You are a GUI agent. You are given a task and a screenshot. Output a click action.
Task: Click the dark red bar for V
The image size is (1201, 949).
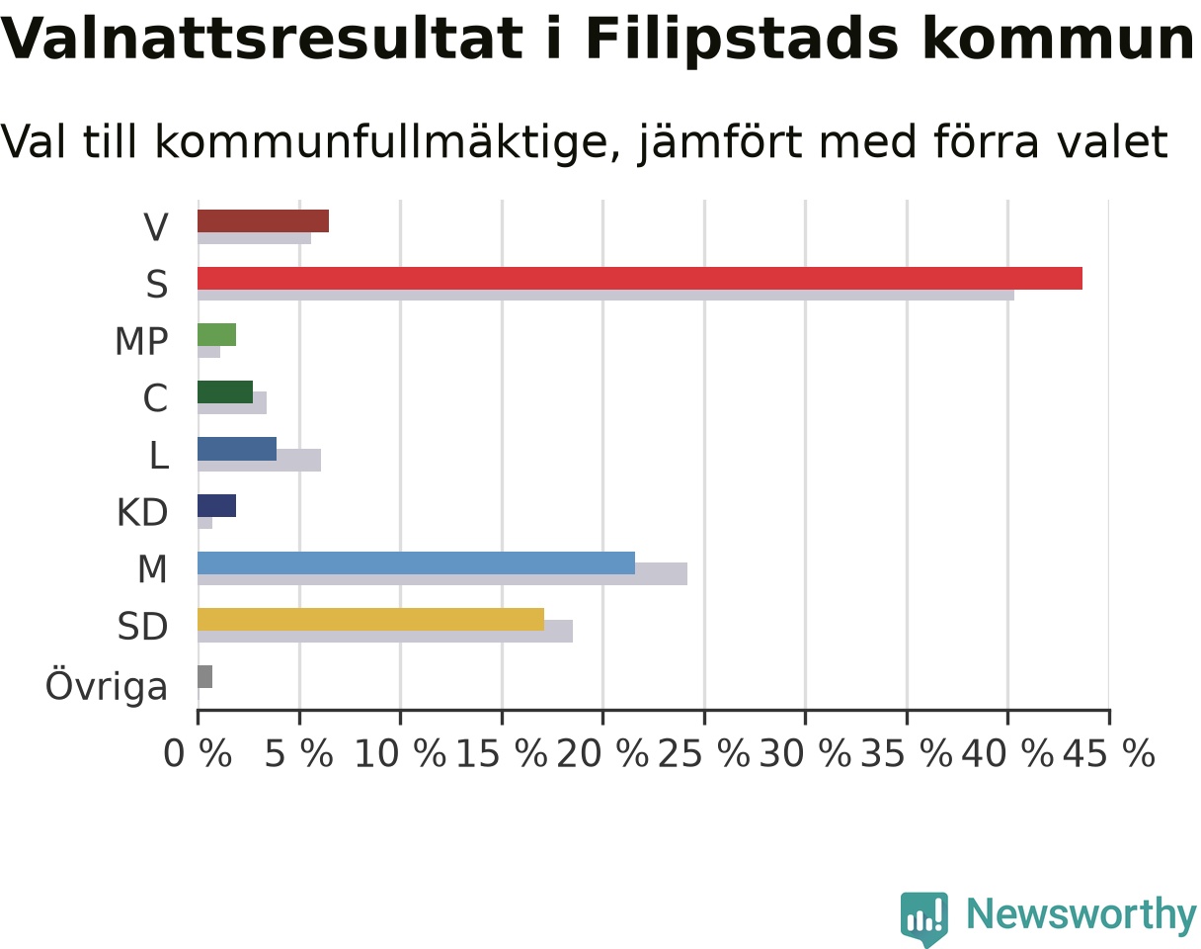pyautogui.click(x=264, y=221)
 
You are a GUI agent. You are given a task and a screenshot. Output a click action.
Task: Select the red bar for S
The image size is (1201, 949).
pyautogui.click(x=640, y=278)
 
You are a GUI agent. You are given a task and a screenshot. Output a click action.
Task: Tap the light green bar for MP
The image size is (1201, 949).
pyautogui.click(x=217, y=334)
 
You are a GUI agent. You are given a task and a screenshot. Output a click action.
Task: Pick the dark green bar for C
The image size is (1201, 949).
pyautogui.click(x=225, y=392)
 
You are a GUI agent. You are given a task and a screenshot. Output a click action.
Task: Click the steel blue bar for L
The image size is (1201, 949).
pyautogui.click(x=237, y=449)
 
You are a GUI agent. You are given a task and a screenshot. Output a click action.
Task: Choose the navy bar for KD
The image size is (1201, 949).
pyautogui.click(x=217, y=505)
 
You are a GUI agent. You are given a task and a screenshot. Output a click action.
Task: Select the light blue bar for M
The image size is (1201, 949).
pyautogui.click(x=417, y=563)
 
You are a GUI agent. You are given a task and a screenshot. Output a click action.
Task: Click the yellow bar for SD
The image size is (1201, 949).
pyautogui.click(x=371, y=620)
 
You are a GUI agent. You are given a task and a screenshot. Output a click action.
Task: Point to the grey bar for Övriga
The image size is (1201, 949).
pyautogui.click(x=205, y=677)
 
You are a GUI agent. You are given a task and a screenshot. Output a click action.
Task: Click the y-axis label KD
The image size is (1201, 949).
pyautogui.click(x=142, y=513)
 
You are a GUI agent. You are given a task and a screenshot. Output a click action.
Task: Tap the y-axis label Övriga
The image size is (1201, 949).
pyautogui.click(x=107, y=685)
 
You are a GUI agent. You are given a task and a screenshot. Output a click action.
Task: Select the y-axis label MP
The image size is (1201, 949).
pyautogui.click(x=141, y=342)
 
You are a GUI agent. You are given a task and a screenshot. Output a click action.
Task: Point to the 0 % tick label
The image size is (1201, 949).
pyautogui.click(x=198, y=753)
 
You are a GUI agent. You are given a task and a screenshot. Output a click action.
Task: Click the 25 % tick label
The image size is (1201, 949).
pyautogui.click(x=704, y=753)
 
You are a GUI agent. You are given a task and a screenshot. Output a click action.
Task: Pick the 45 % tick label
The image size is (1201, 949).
pyautogui.click(x=1109, y=753)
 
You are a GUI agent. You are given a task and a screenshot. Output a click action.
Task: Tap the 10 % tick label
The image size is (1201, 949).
pyautogui.click(x=401, y=753)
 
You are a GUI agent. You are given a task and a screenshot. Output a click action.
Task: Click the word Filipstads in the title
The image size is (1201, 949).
pyautogui.click(x=742, y=41)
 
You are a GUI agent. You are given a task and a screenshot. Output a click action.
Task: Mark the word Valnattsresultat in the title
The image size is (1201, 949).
pyautogui.click(x=261, y=40)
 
